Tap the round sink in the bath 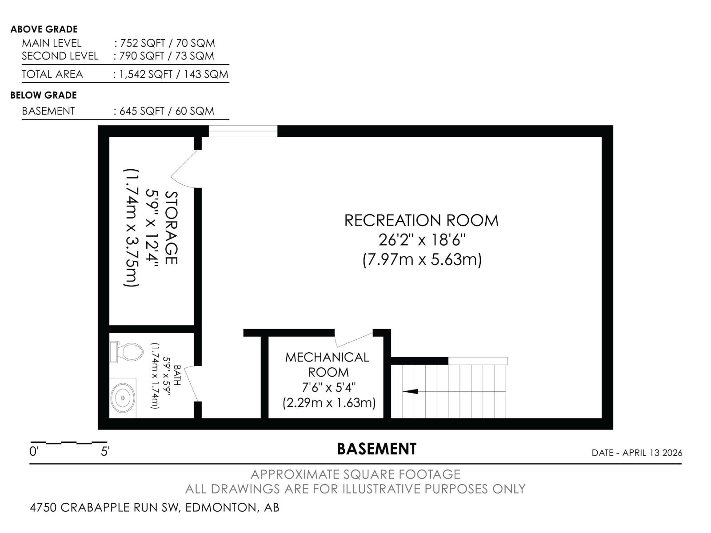coord(123,398)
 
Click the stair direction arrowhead coord(411,391)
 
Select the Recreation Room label coord(421,220)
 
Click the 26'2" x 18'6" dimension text coord(422,240)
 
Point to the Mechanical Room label coord(328,364)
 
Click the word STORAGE coord(171,227)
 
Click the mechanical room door coord(354,339)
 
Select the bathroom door coord(191,383)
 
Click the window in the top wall coord(243,131)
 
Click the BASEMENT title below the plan coord(376,449)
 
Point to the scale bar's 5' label coord(105,452)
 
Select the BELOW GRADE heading coord(44,95)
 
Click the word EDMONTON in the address coord(220,507)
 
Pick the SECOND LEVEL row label coord(60,56)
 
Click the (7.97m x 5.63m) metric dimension coord(422,259)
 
